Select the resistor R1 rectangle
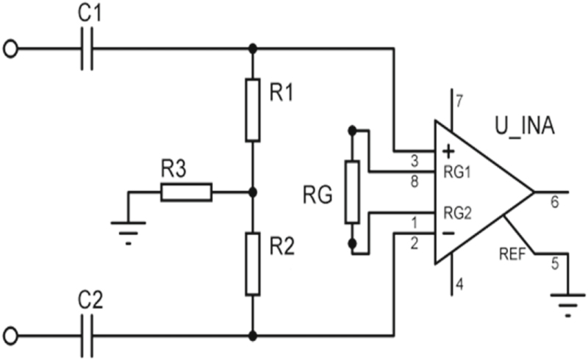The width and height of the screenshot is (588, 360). pos(252,110)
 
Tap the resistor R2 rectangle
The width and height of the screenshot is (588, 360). pos(252,264)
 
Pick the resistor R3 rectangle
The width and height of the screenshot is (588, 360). pos(186,192)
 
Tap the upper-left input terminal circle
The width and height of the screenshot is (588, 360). pos(10,49)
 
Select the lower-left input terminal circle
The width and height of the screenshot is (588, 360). pos(10,335)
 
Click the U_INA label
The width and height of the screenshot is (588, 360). pos(523,130)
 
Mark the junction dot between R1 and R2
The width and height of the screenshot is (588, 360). pos(252,192)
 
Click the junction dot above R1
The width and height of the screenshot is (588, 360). pos(252,49)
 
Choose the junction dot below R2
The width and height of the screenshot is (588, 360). pos(252,335)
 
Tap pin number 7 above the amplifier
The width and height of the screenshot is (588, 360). pos(459,100)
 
